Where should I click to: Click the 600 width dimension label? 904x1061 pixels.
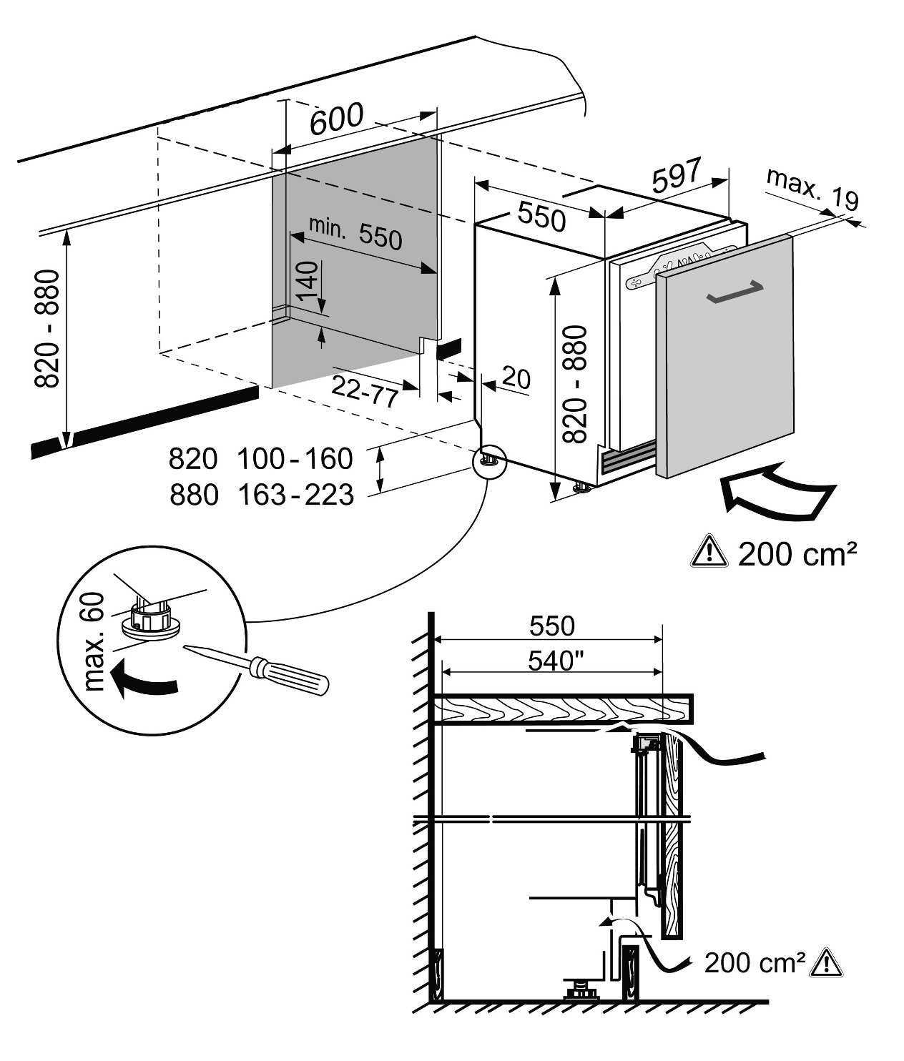point(337,119)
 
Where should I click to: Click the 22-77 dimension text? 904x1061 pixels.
point(365,390)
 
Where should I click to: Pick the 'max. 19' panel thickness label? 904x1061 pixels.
point(812,189)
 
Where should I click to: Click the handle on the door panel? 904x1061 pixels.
point(735,292)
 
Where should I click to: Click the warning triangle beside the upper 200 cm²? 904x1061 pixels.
point(709,553)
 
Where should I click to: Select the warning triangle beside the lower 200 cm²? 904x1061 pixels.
point(826,962)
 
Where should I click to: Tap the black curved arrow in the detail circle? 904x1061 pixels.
point(144,681)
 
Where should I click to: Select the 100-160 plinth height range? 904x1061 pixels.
point(295,458)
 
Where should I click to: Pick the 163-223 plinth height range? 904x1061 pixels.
point(296,495)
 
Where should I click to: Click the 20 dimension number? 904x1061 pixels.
point(516,378)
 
